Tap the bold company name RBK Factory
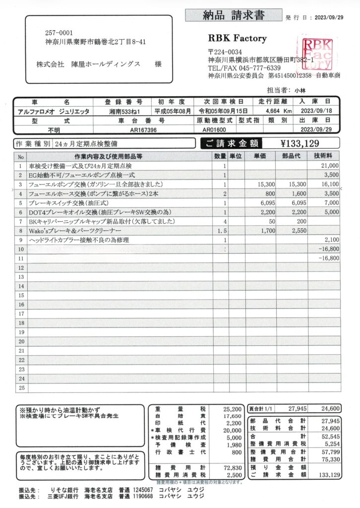(238, 38)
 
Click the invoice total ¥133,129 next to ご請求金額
(300, 144)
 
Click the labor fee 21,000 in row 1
(329, 166)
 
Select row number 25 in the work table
(21, 388)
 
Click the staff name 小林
(300, 90)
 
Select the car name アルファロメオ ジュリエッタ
(53, 112)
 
